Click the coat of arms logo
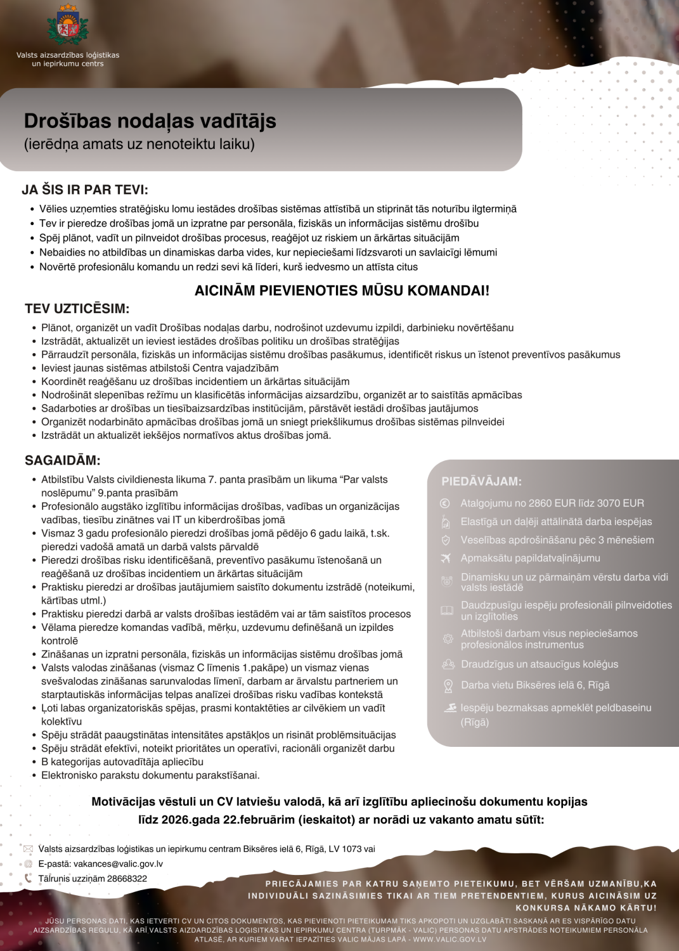pos(68,25)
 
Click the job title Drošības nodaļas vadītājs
pos(150,120)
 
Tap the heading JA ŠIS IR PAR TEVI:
pos(85,190)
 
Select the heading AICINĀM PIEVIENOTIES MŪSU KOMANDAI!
pos(342,290)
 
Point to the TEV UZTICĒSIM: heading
pos(77,309)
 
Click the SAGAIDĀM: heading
pos(62,460)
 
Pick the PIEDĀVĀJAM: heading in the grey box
pos(482,481)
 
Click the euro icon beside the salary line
pos(445,503)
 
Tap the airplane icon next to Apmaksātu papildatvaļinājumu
pos(446,558)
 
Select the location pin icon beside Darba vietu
pos(448,685)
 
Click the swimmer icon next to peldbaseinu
pos(450,708)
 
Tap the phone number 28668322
pos(127,879)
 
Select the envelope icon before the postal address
pos(28,849)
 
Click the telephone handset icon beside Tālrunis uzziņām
pos(28,879)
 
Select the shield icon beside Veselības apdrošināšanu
pos(446,540)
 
